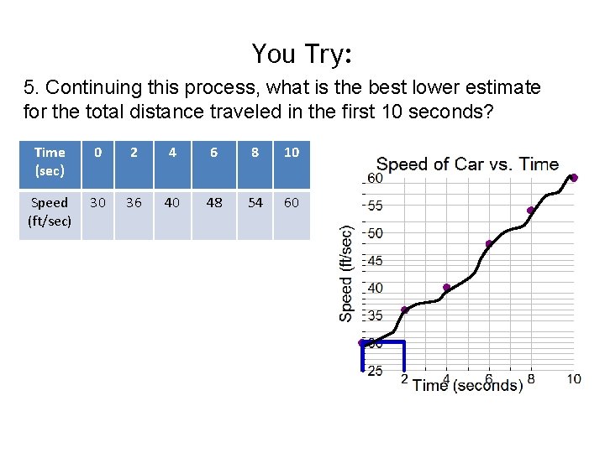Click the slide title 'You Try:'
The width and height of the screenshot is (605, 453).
coord(302,54)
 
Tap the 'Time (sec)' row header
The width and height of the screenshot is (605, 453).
coord(50,160)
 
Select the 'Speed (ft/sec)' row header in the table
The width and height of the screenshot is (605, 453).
coord(50,211)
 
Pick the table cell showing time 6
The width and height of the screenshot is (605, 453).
coord(213,153)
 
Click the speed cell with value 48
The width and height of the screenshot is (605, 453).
coord(213,203)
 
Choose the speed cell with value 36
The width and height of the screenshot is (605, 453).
coord(134,203)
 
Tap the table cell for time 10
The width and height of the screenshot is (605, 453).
coord(292,153)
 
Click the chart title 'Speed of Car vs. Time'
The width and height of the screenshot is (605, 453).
coord(467,164)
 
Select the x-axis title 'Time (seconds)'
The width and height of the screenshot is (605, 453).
coord(467,385)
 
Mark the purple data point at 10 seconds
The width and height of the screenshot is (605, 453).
coord(574,178)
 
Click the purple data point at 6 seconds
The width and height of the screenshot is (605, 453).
coord(489,244)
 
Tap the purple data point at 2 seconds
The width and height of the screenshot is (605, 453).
coord(404,310)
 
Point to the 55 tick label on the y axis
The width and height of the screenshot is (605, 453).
coord(375,206)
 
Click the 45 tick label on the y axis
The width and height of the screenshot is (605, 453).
coord(375,261)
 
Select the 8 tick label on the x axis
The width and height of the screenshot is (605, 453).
coord(531,379)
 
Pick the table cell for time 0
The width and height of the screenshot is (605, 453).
coord(97,153)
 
